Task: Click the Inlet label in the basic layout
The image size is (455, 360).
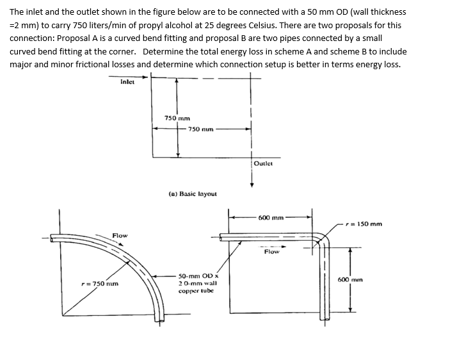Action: tap(127, 81)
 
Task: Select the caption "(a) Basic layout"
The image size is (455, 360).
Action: tap(193, 193)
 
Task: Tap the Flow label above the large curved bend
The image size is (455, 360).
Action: tap(120, 235)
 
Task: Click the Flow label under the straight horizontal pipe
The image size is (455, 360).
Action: tap(271, 251)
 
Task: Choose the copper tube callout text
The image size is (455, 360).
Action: tap(198, 282)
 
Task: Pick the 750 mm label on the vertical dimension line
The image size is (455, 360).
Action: tap(177, 118)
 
